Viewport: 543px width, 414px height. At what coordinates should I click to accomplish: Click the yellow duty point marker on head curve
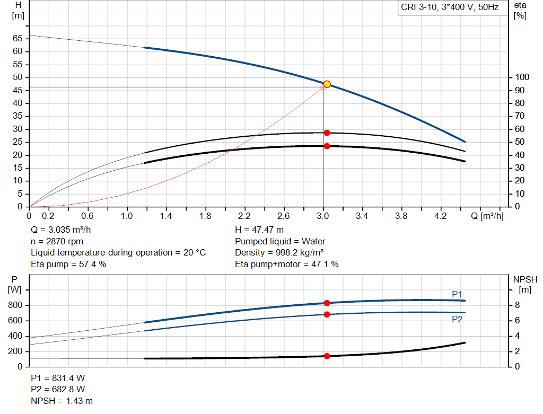[x=327, y=84]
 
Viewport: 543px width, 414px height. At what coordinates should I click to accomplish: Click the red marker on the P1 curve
[x=327, y=303]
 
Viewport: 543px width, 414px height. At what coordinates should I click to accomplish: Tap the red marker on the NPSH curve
[x=327, y=356]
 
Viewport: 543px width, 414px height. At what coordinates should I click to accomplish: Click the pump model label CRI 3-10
[x=449, y=8]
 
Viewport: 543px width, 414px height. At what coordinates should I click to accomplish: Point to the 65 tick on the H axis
[x=18, y=39]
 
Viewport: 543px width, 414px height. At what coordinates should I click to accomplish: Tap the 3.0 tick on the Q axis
[x=323, y=216]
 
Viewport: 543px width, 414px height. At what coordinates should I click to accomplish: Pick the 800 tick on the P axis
[x=16, y=305]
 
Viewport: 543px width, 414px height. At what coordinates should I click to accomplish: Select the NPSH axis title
[x=525, y=279]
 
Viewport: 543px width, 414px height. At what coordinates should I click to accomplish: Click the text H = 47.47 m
[x=259, y=230]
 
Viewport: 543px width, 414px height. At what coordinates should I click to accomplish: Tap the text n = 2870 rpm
[x=57, y=241]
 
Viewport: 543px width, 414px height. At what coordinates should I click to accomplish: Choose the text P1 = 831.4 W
[x=58, y=379]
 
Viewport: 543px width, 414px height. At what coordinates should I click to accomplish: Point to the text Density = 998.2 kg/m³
[x=279, y=252]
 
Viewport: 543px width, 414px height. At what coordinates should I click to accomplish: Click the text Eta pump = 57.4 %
[x=69, y=264]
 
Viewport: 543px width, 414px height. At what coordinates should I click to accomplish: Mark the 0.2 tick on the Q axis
[x=48, y=216]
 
